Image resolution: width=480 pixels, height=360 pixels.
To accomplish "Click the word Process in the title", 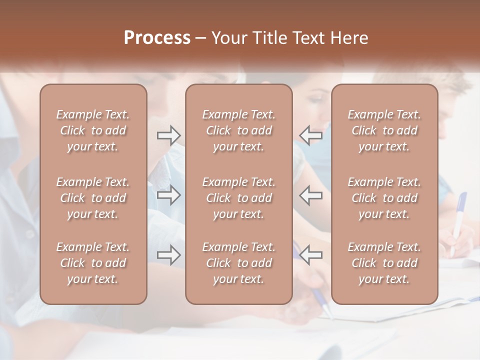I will click(157, 38).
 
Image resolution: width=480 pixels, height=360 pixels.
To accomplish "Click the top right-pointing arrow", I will click(169, 135).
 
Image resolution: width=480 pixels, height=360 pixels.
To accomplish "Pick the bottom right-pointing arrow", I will click(169, 255).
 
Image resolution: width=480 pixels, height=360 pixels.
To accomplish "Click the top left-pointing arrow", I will click(311, 135).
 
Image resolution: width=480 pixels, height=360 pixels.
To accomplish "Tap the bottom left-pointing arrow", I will click(311, 255).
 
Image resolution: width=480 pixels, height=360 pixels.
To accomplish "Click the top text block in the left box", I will click(93, 130).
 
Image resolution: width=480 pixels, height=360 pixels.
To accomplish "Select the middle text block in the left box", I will click(93, 198).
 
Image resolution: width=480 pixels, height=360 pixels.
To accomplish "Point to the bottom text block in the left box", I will click(93, 263).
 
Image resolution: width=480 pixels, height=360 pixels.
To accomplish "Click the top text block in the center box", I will click(239, 130).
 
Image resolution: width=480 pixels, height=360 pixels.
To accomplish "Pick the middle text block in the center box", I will click(239, 198).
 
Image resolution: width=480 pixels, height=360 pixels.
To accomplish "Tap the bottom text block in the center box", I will click(239, 263).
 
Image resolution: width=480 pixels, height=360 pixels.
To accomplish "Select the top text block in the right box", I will click(384, 130).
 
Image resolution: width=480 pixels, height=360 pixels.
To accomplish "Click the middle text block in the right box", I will click(384, 198).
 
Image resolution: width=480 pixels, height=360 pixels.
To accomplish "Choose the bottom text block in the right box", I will click(384, 263).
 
